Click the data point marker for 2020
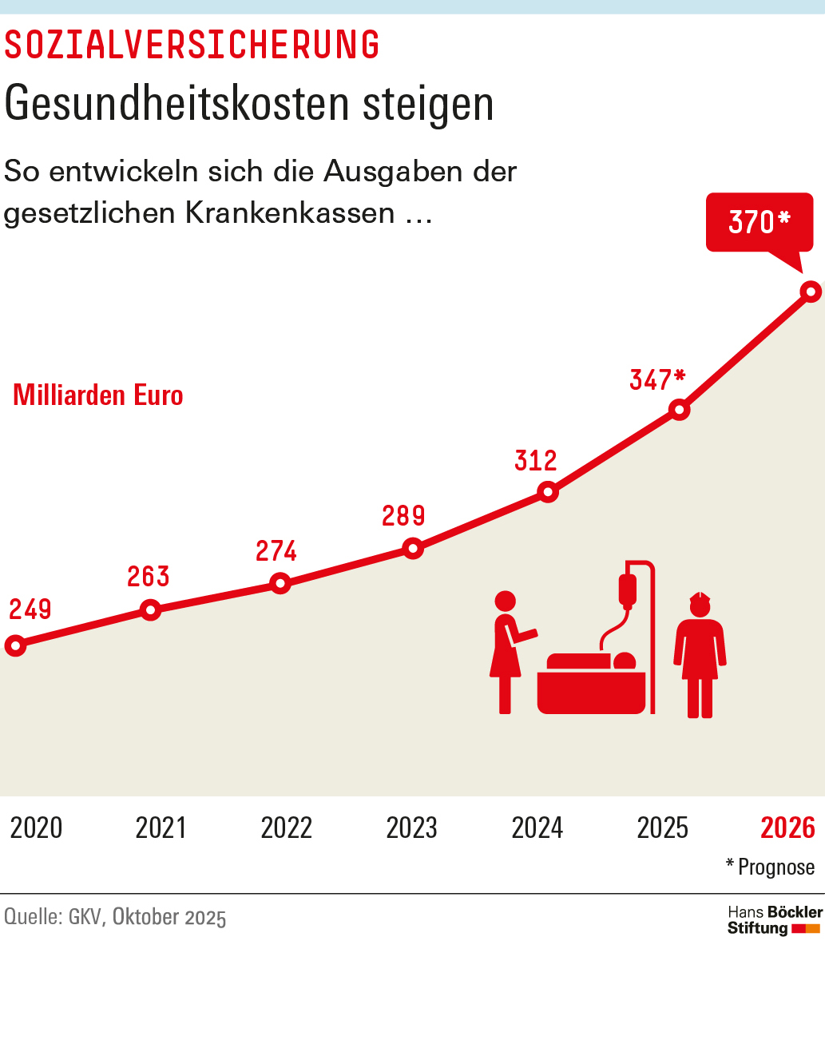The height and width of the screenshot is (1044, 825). coord(15,645)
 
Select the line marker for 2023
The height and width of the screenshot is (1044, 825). coord(413,548)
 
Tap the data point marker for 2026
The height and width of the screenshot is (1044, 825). coord(811,292)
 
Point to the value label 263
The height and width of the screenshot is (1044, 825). coord(149,577)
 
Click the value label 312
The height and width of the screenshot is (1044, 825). coord(536,461)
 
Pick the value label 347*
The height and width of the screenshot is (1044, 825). coord(657,379)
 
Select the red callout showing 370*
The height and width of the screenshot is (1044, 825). coord(759,222)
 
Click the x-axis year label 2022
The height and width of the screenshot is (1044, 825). coord(286,828)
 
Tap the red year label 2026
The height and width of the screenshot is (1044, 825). coord(787,828)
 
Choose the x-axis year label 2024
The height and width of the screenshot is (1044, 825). coord(537,828)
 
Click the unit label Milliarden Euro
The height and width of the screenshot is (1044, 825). coord(98,395)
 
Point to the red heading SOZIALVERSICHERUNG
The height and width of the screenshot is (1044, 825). coord(192,46)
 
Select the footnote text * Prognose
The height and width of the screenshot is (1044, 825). coord(770,867)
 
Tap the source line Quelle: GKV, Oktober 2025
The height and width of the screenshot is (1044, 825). coord(115,917)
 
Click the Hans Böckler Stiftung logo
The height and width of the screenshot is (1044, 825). coord(774,920)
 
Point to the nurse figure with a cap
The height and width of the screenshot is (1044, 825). coord(700,655)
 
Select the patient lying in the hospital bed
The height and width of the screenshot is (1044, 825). coord(591,661)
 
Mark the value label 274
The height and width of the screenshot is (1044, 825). coord(276,551)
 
